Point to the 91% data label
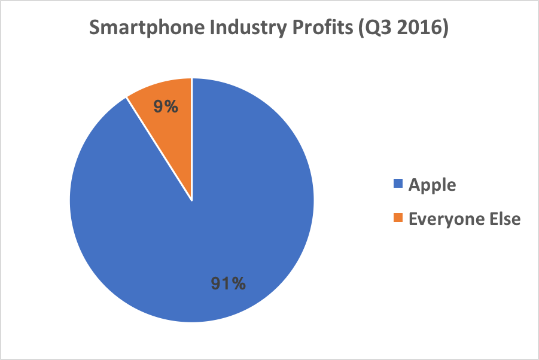click(x=228, y=283)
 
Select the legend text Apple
click(x=432, y=185)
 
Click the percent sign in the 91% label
click(x=239, y=283)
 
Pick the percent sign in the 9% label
click(x=173, y=107)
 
